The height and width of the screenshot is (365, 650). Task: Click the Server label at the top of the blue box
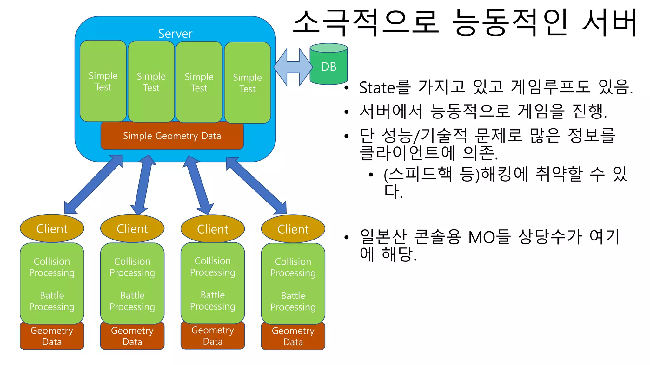tap(175, 34)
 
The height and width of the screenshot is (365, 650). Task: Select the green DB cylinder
tap(328, 67)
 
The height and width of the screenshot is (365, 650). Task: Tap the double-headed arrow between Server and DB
tap(293, 67)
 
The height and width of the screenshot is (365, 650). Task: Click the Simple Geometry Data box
tap(172, 136)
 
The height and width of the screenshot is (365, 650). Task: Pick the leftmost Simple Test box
tap(103, 81)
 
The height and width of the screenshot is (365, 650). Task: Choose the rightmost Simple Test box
tap(248, 83)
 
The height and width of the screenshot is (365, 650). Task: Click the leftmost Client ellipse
tap(52, 229)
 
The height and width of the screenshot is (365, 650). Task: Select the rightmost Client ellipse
tap(293, 229)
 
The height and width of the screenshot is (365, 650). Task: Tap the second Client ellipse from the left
tap(132, 229)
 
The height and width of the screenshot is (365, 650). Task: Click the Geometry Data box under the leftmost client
tap(52, 336)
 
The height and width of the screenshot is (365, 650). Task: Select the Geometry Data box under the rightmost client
tap(293, 336)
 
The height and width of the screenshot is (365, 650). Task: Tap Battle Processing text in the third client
tap(213, 301)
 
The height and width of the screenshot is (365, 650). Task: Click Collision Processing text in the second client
tap(132, 267)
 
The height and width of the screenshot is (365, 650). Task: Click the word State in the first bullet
tap(377, 88)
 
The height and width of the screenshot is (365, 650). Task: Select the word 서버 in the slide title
tap(609, 23)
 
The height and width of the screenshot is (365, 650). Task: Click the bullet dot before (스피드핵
tap(371, 175)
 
